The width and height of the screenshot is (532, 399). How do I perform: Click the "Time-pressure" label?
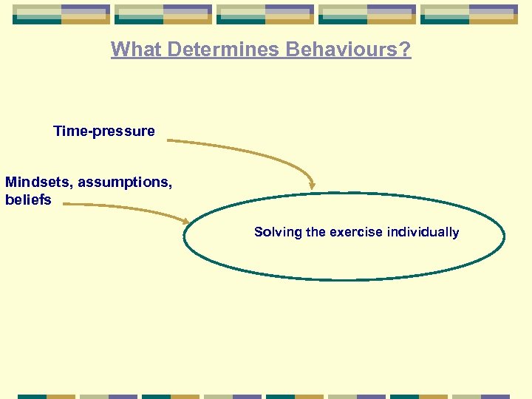coord(104,132)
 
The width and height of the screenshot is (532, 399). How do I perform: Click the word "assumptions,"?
coord(125,182)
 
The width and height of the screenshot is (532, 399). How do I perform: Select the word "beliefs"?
coord(28,199)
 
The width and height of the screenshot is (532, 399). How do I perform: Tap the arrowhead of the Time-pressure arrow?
coord(313,185)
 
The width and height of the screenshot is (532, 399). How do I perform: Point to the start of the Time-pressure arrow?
coord(168,139)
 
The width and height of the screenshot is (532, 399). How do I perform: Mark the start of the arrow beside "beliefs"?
coord(64,205)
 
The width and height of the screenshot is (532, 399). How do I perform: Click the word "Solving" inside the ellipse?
coord(279,232)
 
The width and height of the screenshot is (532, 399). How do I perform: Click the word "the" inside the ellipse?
coord(316,232)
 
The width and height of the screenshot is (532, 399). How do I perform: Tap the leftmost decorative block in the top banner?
coord(61,14)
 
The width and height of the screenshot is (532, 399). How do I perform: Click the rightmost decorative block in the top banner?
coord(468,14)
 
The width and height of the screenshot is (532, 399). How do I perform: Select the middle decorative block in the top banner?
coord(265,14)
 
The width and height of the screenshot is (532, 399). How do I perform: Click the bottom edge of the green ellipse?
coord(344,279)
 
